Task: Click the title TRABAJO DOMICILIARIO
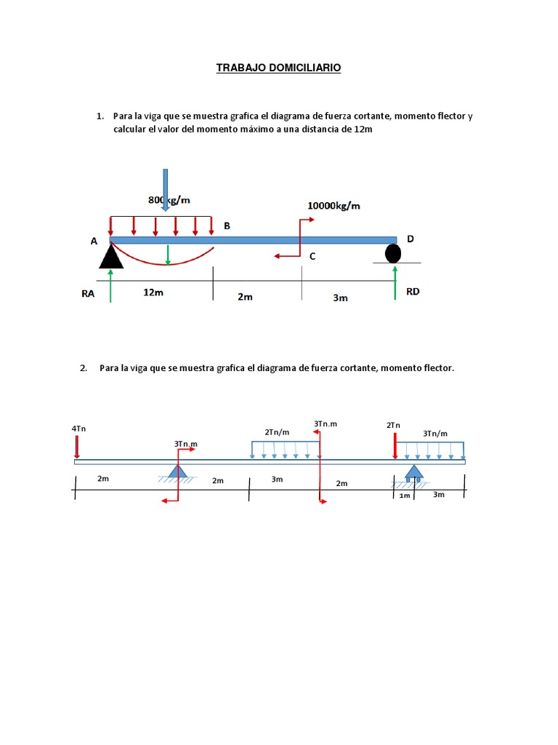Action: [278, 68]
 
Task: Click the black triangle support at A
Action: [111, 255]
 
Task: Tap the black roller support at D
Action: [393, 253]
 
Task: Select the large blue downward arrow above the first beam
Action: [166, 189]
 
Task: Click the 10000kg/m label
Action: [333, 205]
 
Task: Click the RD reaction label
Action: [413, 292]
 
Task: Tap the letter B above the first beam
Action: [227, 226]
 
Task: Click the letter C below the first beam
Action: [312, 256]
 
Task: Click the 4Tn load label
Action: [78, 429]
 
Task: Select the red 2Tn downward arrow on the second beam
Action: [395, 445]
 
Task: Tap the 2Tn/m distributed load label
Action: [277, 432]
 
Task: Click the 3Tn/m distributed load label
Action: [435, 434]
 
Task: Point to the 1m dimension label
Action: [405, 495]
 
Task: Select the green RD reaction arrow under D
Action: [395, 282]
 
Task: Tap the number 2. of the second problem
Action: [83, 368]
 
